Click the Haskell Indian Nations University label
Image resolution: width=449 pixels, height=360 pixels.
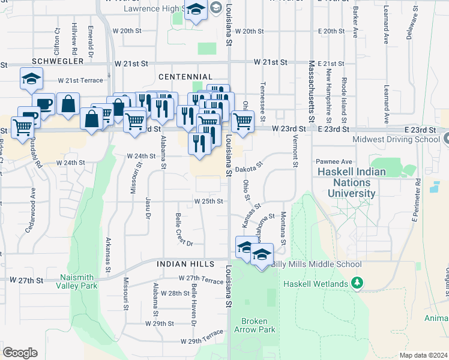(352, 182)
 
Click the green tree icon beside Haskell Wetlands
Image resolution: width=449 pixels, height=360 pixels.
(357, 282)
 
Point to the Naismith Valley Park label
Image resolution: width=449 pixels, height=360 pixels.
(79, 282)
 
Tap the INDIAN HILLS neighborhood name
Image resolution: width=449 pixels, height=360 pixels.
(185, 264)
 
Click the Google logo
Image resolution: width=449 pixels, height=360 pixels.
(20, 352)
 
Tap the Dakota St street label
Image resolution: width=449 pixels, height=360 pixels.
(249, 166)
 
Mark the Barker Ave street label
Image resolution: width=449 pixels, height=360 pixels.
(355, 24)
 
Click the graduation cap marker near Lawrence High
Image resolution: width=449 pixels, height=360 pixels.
(196, 10)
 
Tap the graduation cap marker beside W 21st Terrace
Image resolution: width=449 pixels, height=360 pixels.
(31, 79)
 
